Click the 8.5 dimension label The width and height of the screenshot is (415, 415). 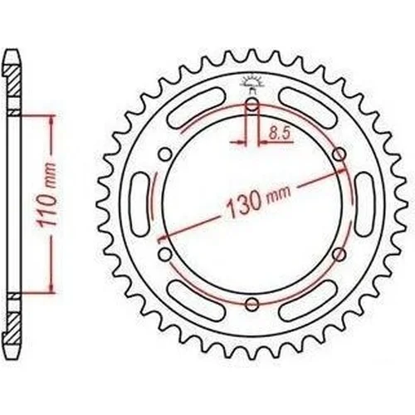[280, 134]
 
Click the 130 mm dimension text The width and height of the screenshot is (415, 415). [258, 201]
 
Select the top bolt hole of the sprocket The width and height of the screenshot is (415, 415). [252, 105]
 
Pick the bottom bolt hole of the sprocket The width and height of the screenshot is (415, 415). [252, 304]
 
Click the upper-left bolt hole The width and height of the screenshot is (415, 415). [165, 154]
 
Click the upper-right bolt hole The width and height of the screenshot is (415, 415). [339, 154]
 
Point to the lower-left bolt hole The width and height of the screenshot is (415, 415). [165, 254]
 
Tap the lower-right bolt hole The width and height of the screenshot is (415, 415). [339, 254]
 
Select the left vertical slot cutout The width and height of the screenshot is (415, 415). [141, 204]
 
